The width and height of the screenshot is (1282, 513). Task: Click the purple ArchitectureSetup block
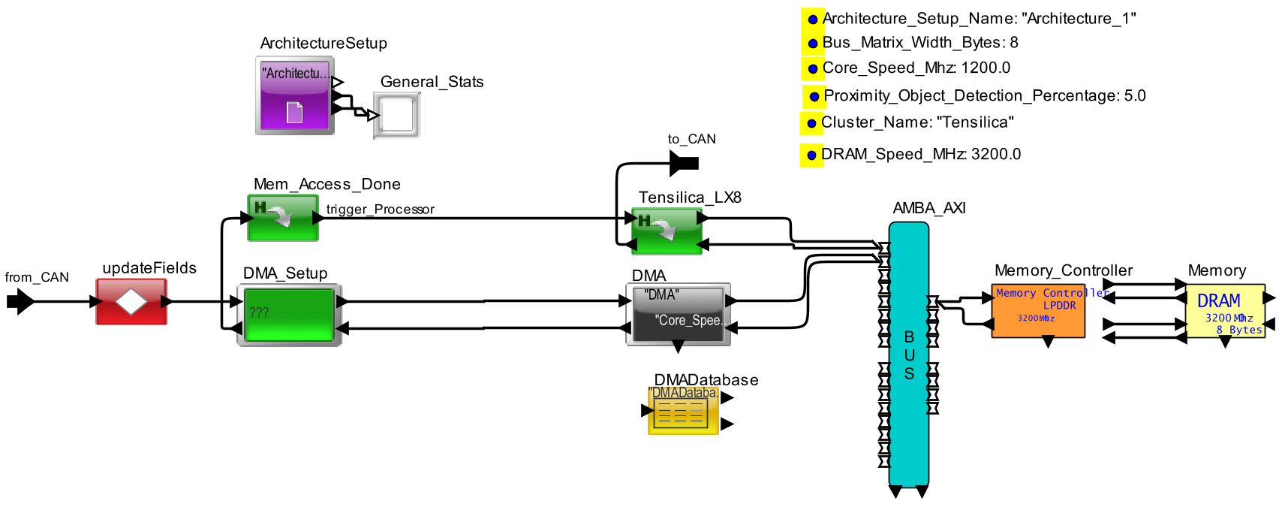point(294,95)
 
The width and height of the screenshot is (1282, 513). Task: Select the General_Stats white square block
point(397,115)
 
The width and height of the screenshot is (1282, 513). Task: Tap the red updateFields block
point(131,301)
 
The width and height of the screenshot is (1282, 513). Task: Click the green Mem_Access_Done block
point(283,218)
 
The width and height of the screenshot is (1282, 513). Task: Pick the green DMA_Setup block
point(289,315)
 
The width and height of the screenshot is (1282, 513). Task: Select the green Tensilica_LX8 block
point(667,231)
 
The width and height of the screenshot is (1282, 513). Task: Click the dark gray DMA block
point(678,314)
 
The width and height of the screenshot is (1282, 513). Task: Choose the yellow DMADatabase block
point(683,410)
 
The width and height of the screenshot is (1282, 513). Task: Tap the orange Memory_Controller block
point(1038,311)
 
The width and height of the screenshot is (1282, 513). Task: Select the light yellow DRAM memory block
point(1224,311)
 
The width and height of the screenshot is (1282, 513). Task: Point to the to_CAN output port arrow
point(684,162)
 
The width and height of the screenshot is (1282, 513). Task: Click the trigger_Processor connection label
point(380,209)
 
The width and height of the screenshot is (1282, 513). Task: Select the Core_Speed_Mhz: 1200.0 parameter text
point(916,68)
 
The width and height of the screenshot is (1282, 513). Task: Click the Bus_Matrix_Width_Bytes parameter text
point(919,43)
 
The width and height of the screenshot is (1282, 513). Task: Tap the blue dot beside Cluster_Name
point(811,123)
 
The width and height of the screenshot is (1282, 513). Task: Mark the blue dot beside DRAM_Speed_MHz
point(811,155)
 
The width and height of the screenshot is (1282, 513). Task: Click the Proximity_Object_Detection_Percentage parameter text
point(984,95)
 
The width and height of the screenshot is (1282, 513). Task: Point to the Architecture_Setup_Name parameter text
point(979,19)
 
